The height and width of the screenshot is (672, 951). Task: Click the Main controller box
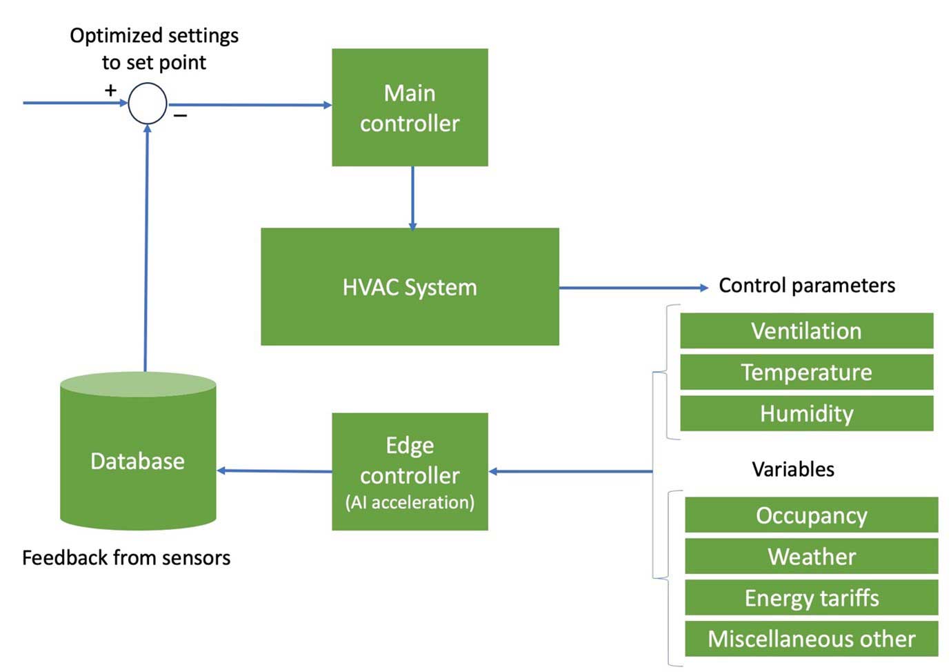[410, 108]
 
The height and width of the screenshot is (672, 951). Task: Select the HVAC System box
[410, 287]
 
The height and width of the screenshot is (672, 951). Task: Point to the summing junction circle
[148, 103]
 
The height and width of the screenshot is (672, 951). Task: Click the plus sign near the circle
[110, 90]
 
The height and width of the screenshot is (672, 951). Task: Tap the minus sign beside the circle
[180, 116]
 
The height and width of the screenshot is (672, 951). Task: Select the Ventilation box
[806, 331]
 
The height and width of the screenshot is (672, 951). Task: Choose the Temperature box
[806, 373]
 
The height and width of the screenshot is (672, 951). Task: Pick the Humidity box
[806, 413]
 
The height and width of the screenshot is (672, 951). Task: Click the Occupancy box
[811, 515]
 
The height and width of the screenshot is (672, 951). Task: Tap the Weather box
[811, 556]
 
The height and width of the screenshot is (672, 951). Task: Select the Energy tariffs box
[811, 597]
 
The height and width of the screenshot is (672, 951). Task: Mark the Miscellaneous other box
[811, 639]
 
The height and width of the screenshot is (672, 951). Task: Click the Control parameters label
[806, 286]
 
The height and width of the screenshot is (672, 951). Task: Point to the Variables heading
[792, 469]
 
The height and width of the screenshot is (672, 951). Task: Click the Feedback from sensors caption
[126, 557]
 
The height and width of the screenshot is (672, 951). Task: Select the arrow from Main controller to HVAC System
[412, 197]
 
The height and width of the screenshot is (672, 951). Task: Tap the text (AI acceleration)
[410, 502]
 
